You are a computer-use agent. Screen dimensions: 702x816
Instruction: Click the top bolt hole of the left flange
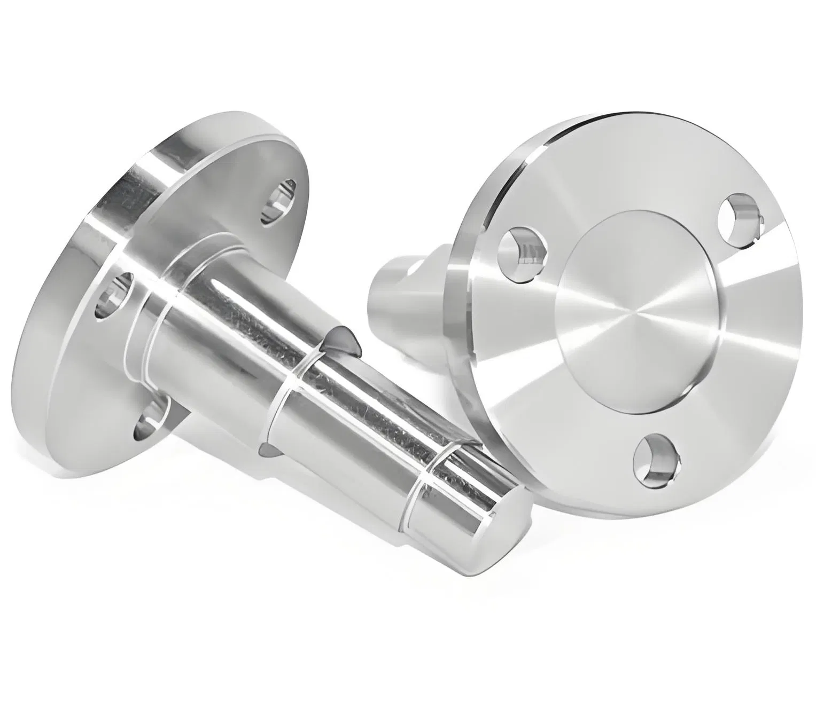coord(278,201)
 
